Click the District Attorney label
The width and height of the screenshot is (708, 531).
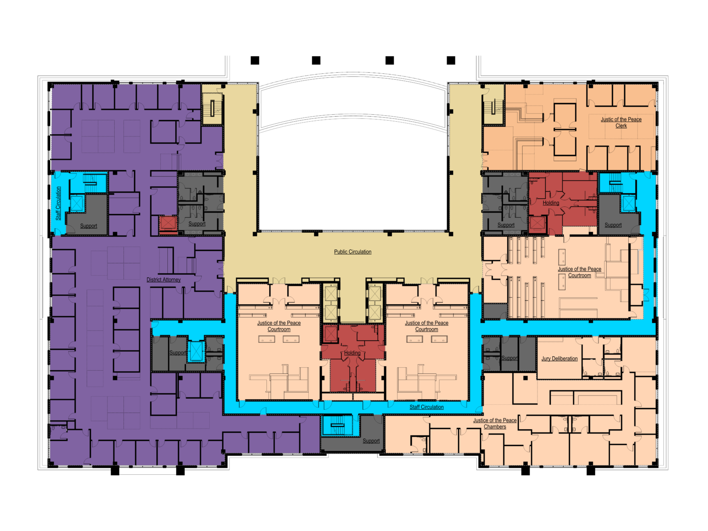163,279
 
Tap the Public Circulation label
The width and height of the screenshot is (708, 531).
353,252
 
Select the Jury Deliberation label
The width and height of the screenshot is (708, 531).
559,359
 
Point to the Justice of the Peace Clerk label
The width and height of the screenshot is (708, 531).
621,123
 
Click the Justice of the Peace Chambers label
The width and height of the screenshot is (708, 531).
495,423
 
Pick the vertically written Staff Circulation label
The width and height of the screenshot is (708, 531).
59,203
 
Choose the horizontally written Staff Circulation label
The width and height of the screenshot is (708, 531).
426,407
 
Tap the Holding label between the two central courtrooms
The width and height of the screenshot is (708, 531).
352,353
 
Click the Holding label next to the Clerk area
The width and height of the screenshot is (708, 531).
551,203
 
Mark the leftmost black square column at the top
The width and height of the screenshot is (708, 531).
255,60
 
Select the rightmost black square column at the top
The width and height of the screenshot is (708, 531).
451,60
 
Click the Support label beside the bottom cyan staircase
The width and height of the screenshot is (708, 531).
371,441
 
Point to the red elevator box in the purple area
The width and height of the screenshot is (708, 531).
168,223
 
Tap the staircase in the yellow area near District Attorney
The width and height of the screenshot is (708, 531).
212,109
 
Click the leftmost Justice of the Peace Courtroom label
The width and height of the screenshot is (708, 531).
279,326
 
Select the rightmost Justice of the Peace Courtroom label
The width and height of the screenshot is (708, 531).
579,272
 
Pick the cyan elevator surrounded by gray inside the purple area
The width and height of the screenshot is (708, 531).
196,351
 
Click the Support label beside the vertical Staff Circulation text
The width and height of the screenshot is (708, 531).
88,226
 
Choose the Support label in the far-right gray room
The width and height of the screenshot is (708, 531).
613,225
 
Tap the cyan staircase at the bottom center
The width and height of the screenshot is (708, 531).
337,425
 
